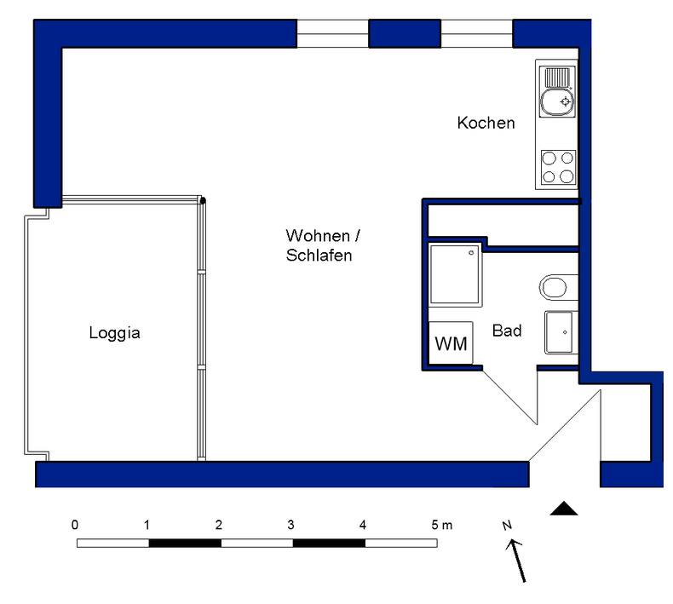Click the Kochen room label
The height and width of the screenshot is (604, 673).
click(x=486, y=124)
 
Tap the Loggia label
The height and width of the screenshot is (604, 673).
click(x=115, y=333)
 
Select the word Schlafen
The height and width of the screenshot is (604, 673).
click(x=319, y=256)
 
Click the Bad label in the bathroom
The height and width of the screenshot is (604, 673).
click(x=507, y=331)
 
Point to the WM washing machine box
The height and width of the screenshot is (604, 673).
click(x=451, y=343)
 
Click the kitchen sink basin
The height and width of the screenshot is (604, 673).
click(x=557, y=102)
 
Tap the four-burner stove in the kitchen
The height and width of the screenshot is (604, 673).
click(x=558, y=168)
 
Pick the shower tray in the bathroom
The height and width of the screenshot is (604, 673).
click(x=455, y=275)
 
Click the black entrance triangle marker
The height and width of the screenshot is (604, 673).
click(x=564, y=509)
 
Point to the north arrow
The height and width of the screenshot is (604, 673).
click(x=516, y=561)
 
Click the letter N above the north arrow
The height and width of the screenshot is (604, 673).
click(x=508, y=525)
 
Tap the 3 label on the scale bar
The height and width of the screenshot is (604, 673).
click(x=290, y=525)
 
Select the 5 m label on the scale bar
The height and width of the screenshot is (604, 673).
click(x=441, y=525)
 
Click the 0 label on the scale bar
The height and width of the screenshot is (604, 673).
click(x=75, y=525)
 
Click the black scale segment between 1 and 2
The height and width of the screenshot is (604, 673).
click(x=185, y=543)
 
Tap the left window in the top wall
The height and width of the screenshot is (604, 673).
click(x=332, y=33)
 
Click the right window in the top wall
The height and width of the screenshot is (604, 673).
click(x=477, y=33)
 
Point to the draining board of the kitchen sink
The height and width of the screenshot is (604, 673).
click(x=557, y=78)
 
